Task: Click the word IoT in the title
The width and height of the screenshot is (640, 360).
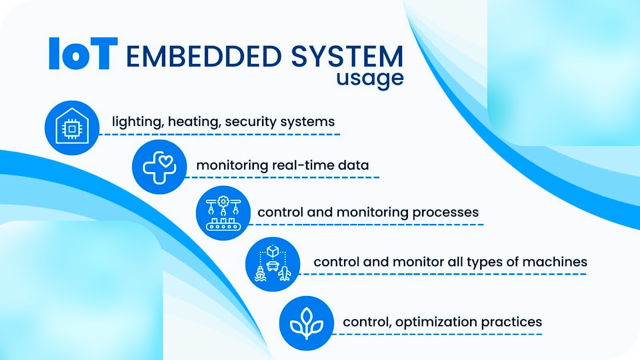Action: pos(83,54)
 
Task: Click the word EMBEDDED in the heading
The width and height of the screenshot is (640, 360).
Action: pos(204,56)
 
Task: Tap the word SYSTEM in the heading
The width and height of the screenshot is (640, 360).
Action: pos(347,56)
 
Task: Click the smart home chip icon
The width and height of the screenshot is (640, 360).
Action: pos(72,128)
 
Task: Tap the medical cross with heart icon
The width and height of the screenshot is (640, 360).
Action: pos(160,167)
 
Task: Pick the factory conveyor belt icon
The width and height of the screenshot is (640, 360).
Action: pos(223,213)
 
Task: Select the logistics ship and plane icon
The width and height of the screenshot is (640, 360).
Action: pos(272,264)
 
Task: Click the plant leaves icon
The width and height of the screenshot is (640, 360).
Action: pos(306,323)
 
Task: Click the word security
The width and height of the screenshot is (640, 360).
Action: pos(250,122)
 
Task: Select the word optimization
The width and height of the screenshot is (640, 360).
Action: pos(436,322)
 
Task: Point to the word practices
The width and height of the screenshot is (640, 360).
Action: pos(512,322)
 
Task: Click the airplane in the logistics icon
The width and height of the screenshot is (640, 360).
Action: pos(284,274)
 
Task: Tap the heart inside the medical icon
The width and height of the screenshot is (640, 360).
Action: pos(166,161)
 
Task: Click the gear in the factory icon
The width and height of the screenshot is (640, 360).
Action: pos(223,202)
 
